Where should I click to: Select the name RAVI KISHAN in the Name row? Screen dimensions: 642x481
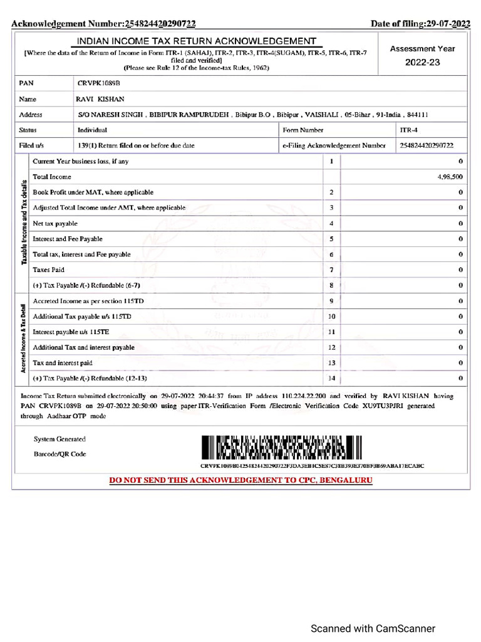click(100, 99)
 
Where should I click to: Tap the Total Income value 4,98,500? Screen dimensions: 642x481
click(450, 177)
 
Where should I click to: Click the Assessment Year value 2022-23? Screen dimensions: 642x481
click(422, 63)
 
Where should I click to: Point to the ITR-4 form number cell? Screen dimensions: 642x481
click(408, 130)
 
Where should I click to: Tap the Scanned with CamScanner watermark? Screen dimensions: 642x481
click(373, 628)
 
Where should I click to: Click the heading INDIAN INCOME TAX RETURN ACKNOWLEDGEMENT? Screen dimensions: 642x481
click(197, 41)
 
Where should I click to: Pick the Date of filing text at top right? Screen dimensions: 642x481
click(420, 24)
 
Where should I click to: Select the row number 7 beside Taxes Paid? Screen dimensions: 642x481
click(331, 270)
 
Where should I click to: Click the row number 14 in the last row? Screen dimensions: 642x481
click(331, 378)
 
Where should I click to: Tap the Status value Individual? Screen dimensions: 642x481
click(92, 130)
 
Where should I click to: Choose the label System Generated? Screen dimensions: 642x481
click(59, 439)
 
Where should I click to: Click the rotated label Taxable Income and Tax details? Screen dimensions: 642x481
click(24, 223)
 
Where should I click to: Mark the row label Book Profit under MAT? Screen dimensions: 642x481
click(93, 192)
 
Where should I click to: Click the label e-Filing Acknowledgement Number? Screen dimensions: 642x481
click(334, 145)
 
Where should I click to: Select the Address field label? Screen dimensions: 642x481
click(31, 115)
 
